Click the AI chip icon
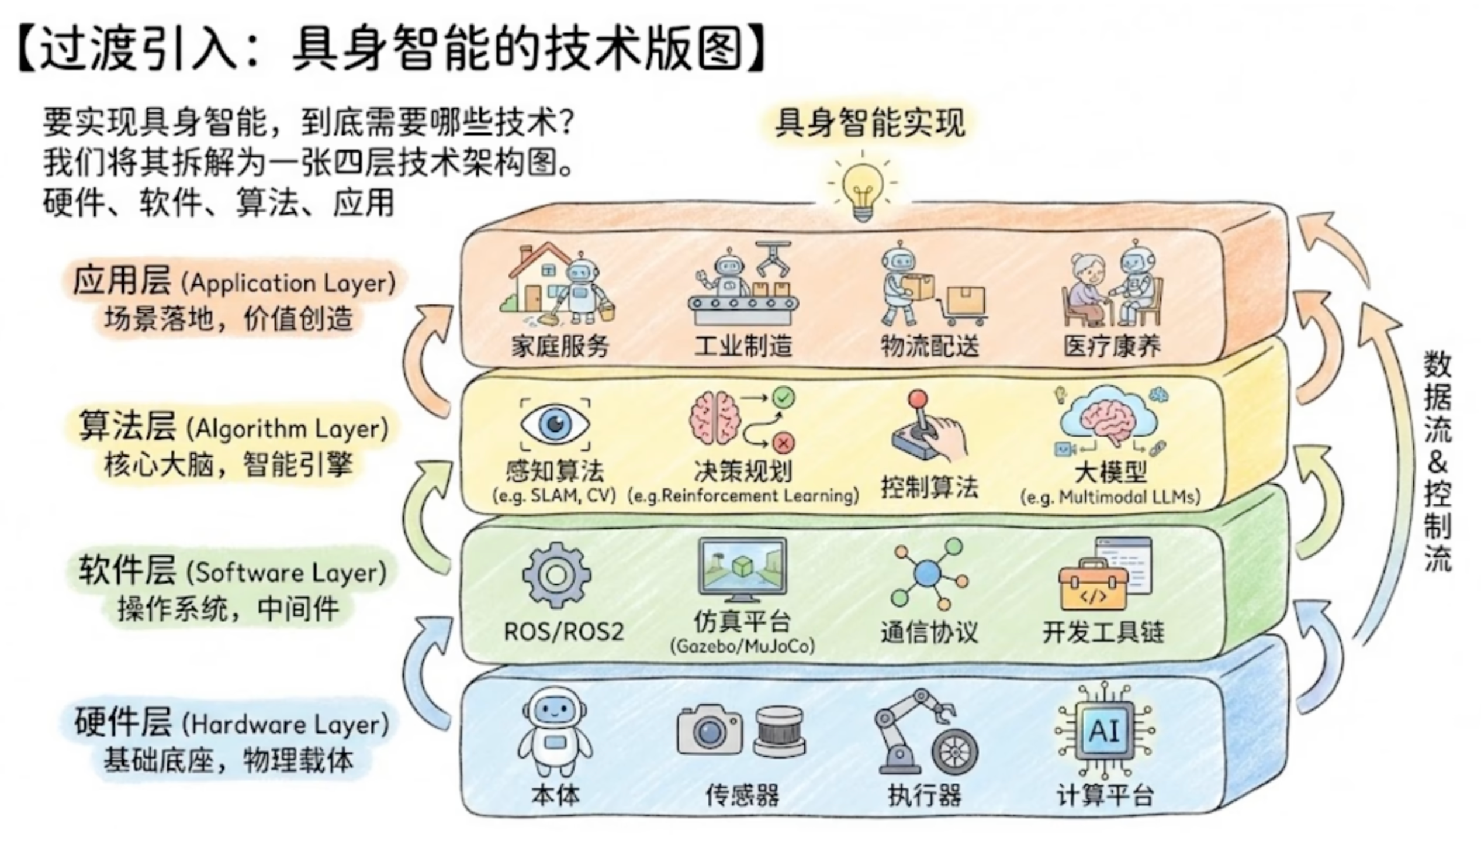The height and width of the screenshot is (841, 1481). point(1104,730)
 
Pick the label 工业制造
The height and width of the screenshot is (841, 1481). point(743,346)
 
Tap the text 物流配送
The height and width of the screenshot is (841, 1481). point(930,346)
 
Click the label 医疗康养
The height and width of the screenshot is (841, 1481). point(1112,346)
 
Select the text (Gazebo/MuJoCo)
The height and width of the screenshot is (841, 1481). point(742,646)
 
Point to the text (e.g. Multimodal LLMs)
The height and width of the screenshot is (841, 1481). point(1110,497)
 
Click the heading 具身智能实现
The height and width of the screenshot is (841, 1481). point(870,123)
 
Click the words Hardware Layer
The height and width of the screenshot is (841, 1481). point(285,725)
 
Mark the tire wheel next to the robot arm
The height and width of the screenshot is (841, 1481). point(954,753)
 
